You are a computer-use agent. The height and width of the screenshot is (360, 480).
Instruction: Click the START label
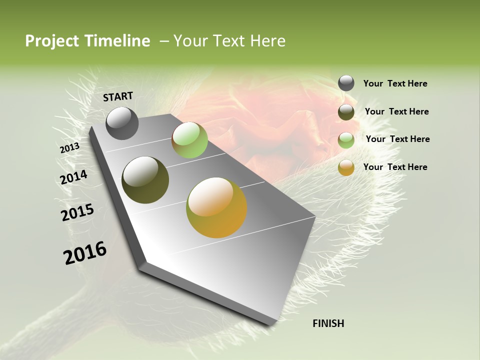coord(118,96)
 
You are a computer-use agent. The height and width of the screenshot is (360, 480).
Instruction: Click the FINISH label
coord(328,323)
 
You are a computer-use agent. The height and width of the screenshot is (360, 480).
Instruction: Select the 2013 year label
coord(69,148)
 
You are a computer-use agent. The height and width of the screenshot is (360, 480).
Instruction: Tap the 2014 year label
coord(74,177)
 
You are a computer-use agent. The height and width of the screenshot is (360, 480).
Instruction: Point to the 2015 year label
coord(77,212)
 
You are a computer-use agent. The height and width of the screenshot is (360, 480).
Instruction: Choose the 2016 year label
coord(85,252)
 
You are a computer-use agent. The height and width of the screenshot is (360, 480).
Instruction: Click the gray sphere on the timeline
coord(122,123)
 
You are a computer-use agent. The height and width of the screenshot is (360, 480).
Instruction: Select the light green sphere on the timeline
coord(189,140)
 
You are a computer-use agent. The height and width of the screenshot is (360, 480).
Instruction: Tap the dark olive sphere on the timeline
coord(145,180)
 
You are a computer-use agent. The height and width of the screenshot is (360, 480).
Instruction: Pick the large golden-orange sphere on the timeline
coord(216,207)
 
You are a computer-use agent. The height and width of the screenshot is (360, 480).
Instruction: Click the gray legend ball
coord(346,83)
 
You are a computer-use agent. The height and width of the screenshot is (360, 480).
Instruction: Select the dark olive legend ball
coord(346,112)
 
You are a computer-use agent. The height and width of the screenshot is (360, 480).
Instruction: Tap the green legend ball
coord(346,139)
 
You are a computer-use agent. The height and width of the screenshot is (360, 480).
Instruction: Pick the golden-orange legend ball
coord(346,167)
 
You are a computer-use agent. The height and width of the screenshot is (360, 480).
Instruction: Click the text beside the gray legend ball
coord(395,83)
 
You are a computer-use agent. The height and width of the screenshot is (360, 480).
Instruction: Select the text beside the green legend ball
coord(397,139)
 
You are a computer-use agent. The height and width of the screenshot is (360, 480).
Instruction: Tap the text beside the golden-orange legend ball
coord(395,167)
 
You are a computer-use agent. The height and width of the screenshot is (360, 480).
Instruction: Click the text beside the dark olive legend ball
coord(396,111)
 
